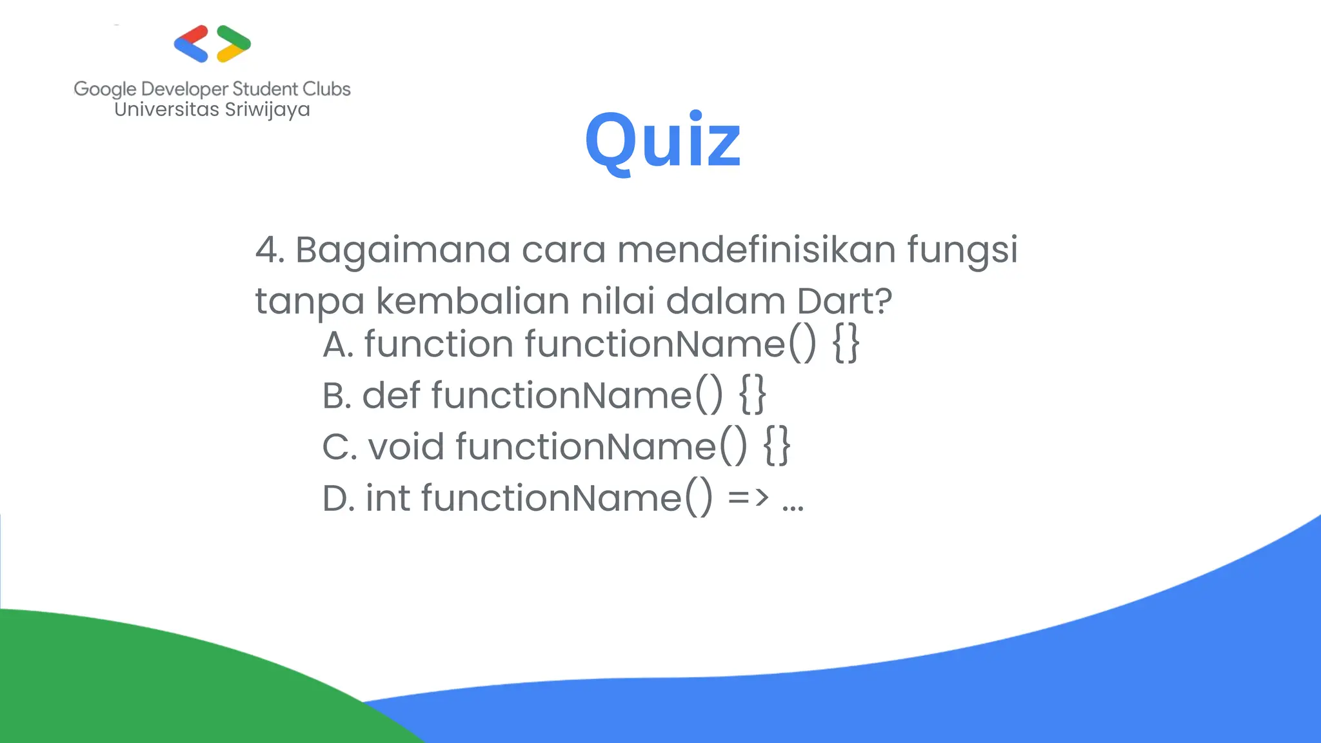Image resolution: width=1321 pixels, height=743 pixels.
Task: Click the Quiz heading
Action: [x=662, y=141]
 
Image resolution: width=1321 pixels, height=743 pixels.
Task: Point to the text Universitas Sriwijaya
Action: [x=212, y=110]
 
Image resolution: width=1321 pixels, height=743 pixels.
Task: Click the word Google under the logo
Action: [x=105, y=89]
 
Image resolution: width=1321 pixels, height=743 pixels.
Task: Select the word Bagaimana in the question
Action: [x=402, y=250]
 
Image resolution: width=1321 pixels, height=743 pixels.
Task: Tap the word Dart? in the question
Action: [x=844, y=301]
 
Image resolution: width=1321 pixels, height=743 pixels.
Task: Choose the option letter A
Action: [x=337, y=344]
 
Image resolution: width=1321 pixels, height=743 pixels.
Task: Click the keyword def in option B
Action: [x=391, y=395]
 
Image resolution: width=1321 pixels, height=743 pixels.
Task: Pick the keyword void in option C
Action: [x=406, y=446]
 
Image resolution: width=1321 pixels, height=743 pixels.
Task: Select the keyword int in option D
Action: [x=388, y=498]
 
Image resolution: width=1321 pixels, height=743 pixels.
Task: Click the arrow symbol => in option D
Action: [x=748, y=498]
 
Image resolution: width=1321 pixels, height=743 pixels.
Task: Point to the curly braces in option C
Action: [x=777, y=446]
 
